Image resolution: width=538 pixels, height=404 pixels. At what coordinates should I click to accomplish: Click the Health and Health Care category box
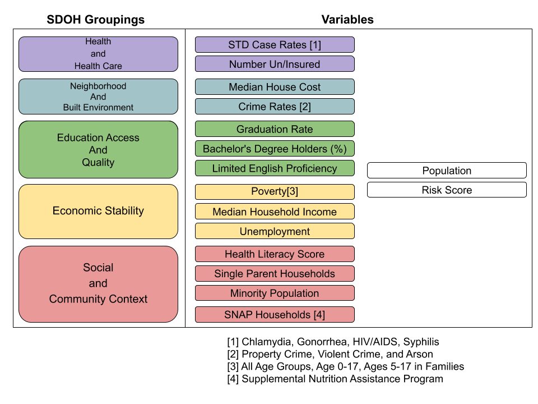98,54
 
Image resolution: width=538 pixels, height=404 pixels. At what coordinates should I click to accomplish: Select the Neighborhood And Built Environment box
98,97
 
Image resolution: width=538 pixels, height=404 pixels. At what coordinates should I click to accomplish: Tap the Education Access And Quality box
98,150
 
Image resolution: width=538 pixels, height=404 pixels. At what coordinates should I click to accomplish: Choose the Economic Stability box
98,211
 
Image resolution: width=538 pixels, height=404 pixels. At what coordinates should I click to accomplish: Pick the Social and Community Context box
98,284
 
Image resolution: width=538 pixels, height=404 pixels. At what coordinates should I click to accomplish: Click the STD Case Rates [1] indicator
275,45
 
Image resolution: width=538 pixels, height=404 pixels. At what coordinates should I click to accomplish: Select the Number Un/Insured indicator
275,64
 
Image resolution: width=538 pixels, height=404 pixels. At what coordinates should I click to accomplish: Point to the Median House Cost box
275,87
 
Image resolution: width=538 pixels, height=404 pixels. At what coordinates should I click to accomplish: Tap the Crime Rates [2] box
275,107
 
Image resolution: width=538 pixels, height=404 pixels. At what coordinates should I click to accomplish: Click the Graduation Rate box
275,129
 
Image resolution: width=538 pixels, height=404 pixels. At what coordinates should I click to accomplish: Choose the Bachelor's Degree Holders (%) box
275,149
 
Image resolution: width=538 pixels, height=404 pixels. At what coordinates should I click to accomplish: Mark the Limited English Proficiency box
275,168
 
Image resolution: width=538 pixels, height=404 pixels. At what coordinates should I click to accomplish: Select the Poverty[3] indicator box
275,192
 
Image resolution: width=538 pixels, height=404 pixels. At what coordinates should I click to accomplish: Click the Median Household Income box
275,212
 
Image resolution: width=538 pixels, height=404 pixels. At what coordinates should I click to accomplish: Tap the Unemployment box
275,231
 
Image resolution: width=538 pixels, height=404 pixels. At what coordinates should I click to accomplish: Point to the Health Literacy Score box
275,254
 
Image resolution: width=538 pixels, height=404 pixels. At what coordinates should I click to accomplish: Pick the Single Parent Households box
275,274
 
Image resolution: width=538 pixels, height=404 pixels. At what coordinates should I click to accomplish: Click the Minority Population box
275,293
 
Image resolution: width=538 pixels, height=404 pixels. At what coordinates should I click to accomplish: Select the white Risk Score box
447,190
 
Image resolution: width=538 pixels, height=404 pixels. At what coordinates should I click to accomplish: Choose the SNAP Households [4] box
275,314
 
